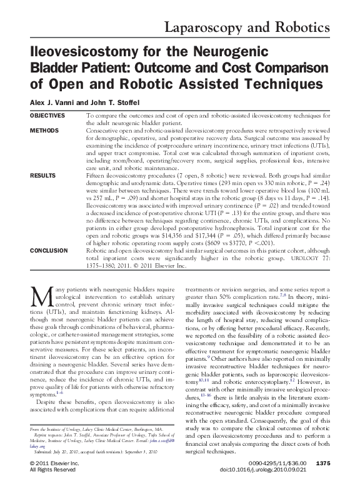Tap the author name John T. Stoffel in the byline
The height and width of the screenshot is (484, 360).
tap(118, 103)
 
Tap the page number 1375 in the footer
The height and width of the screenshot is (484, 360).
tap(345, 463)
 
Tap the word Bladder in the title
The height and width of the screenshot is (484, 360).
tap(58, 68)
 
